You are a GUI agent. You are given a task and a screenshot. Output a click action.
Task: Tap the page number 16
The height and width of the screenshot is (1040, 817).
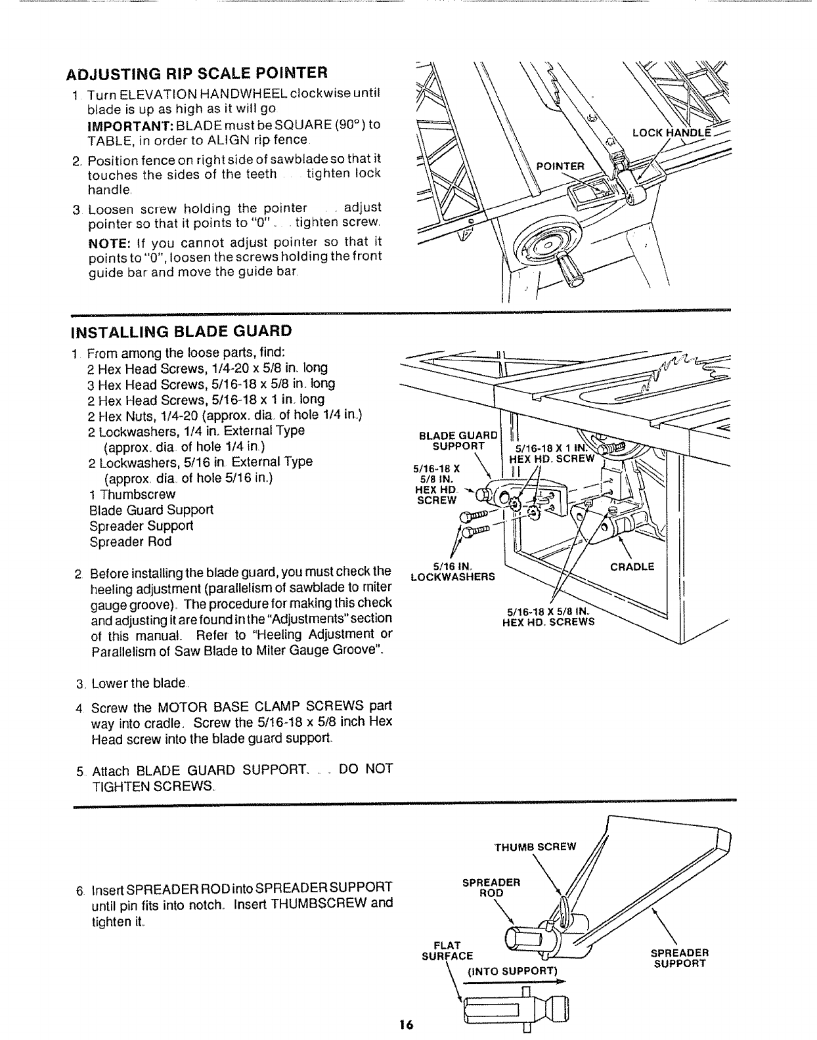405,1025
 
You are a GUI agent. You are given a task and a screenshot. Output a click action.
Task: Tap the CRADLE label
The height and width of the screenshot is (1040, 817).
632,567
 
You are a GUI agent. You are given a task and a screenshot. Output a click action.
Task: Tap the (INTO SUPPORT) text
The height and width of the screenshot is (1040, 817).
512,970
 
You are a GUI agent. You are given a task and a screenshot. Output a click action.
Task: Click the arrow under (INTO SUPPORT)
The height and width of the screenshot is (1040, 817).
514,983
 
